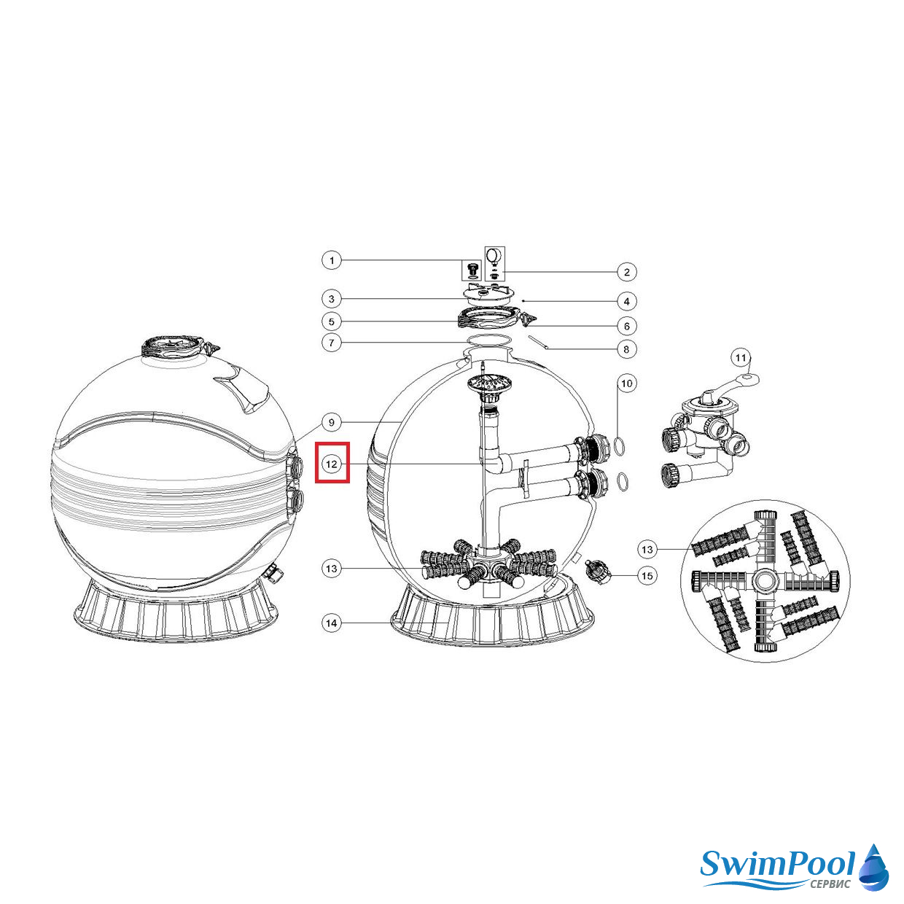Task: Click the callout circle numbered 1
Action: pos(332,260)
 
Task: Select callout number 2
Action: pos(627,272)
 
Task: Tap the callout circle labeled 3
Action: pos(332,299)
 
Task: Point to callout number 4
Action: pos(627,301)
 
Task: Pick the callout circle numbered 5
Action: pos(332,322)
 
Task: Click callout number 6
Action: pos(627,326)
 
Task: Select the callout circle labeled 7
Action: pos(332,343)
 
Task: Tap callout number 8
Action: pos(627,349)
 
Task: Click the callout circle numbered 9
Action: pos(332,423)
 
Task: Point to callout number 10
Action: pos(627,383)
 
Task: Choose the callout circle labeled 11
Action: pos(740,359)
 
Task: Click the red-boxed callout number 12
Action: pos(332,464)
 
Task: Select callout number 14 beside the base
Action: pos(332,623)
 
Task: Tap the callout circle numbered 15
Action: pos(647,576)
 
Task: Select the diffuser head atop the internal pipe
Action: pos(486,386)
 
